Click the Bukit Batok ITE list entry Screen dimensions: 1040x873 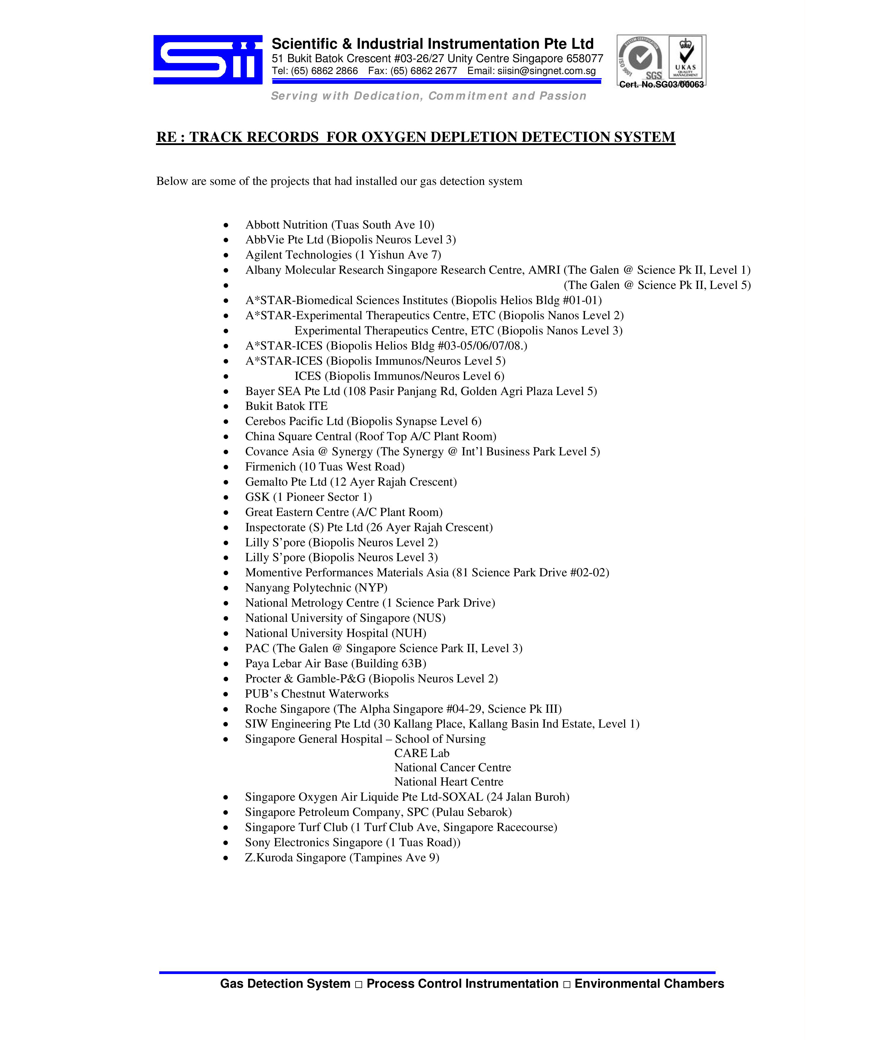coord(286,406)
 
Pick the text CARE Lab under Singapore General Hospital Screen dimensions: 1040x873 coord(422,753)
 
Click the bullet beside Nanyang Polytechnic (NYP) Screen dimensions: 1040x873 coord(226,588)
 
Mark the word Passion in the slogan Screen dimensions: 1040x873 coord(563,96)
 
